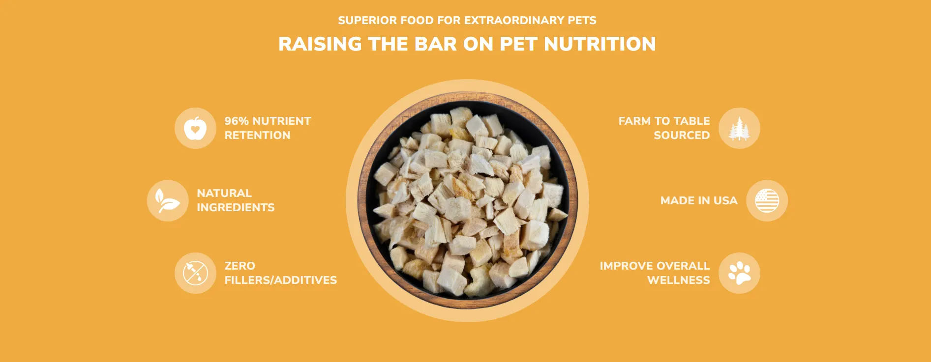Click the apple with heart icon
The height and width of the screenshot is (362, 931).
pos(195,128)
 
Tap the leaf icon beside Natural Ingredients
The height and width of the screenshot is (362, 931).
pos(167,200)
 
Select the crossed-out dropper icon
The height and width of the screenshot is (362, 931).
pos(195,273)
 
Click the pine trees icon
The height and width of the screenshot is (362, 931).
pos(739,128)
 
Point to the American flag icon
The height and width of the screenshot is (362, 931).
pos(767,200)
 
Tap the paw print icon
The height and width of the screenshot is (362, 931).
pos(739,273)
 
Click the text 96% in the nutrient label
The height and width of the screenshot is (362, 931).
pos(237,121)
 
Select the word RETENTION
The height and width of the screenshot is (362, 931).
pos(257,135)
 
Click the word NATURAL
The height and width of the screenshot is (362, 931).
pos(224,193)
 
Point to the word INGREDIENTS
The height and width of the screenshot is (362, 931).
pos(236,207)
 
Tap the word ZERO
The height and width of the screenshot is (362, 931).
pos(240,266)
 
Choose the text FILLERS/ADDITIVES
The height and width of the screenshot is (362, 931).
pos(281,280)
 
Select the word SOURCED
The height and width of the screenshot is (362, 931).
pos(682,135)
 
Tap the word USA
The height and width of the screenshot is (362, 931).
pos(725,200)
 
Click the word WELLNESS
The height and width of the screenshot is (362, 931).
pos(679,280)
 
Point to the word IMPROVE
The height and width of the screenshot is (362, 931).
pos(625,266)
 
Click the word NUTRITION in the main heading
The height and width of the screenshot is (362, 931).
pos(600,44)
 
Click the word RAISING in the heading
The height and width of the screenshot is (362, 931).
pos(320,44)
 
